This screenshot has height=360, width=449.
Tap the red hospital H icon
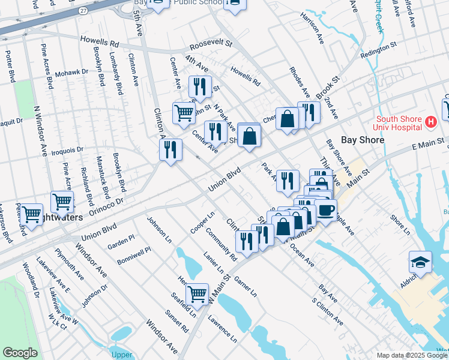pyautogui.click(x=430, y=122)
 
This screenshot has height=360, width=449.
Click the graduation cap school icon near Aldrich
pyautogui.click(x=420, y=262)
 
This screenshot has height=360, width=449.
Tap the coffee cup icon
pyautogui.click(x=326, y=211)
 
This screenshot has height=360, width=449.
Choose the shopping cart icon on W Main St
pyautogui.click(x=196, y=294)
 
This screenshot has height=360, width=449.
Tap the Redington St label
pyautogui.click(x=379, y=50)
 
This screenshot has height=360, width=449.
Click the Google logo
pyautogui.click(x=20, y=353)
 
